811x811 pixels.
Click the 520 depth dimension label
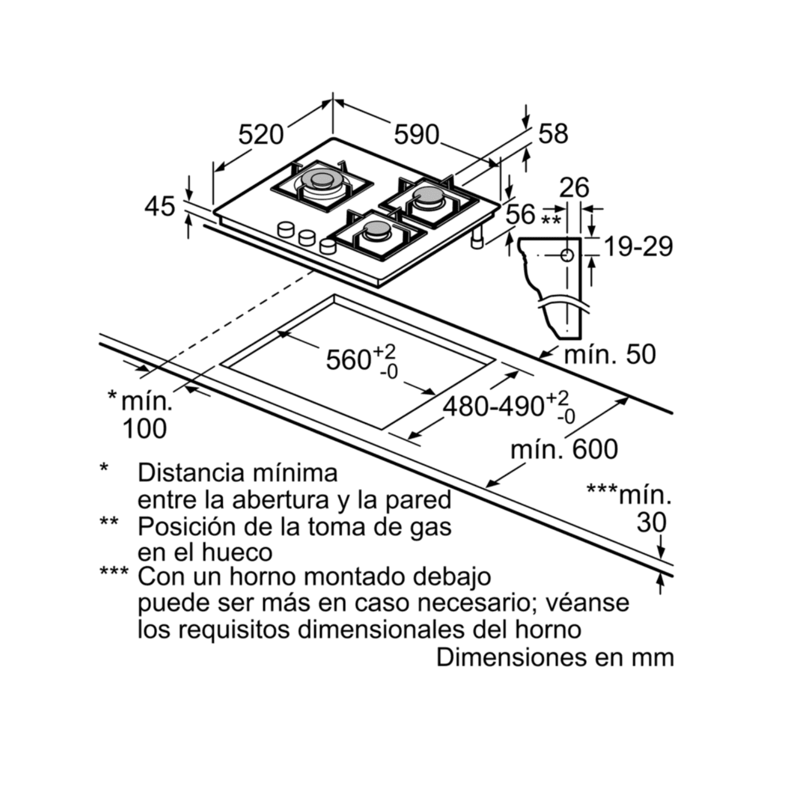[261, 135]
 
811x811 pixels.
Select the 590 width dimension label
[416, 135]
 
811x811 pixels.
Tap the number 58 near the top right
[553, 134]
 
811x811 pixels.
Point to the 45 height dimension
[160, 207]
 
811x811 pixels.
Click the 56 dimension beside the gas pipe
[521, 215]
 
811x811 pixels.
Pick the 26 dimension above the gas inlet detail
[574, 188]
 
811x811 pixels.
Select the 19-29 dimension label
[638, 247]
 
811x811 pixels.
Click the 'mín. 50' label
[609, 355]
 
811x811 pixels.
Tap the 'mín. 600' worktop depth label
[564, 449]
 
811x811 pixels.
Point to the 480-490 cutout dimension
[493, 406]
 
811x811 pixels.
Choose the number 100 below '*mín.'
[144, 429]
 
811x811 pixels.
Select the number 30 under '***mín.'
[652, 522]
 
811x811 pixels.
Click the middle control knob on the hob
[307, 237]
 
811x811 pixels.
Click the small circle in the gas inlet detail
[567, 255]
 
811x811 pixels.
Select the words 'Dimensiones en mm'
[555, 657]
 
